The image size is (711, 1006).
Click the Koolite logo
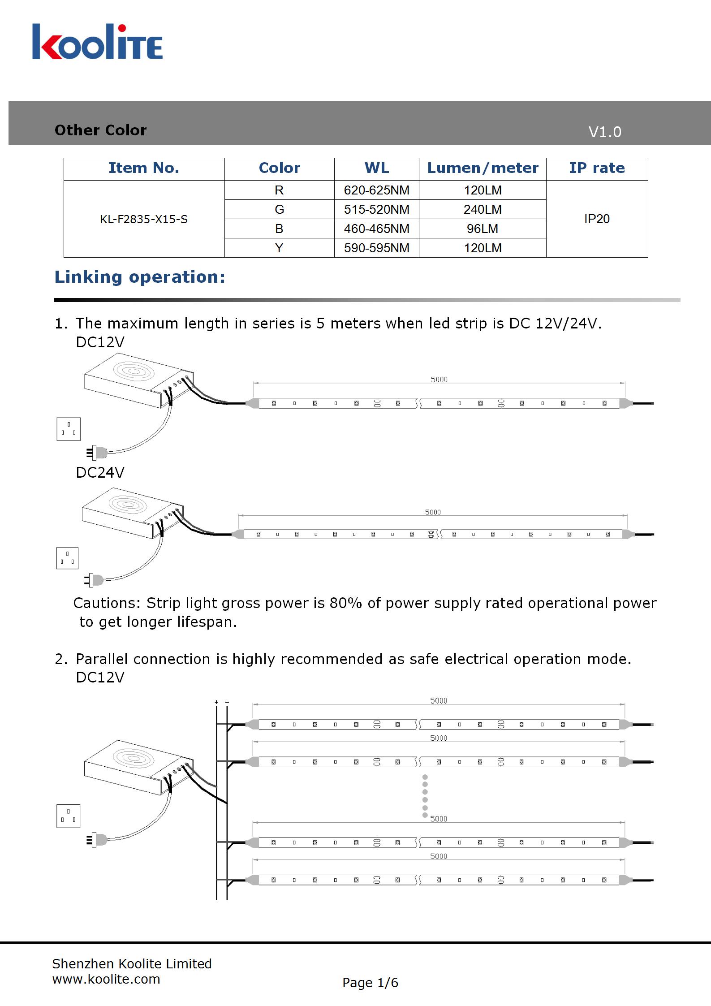pos(97,42)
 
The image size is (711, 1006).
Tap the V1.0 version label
pos(604,132)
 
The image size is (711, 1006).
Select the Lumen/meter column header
pos(483,168)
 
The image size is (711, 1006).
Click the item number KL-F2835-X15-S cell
pos(144,219)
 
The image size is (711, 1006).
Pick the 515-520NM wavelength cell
pos(376,209)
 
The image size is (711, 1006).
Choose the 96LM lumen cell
pos(483,229)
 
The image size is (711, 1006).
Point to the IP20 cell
pos(597,219)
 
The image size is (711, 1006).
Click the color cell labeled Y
pos(279,248)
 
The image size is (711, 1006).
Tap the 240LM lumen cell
pos(483,209)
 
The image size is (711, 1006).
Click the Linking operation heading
pos(140,277)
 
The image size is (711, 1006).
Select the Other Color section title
pos(100,130)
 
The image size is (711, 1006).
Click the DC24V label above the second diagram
pos(100,472)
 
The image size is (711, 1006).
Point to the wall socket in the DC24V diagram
pos(67,558)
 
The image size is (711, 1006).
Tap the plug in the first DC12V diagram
pos(97,453)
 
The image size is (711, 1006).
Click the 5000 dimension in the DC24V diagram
pos(433,512)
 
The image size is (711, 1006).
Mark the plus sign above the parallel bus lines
pos(216,702)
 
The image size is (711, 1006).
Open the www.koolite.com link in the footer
pos(106,979)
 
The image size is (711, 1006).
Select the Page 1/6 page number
pos(370,983)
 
